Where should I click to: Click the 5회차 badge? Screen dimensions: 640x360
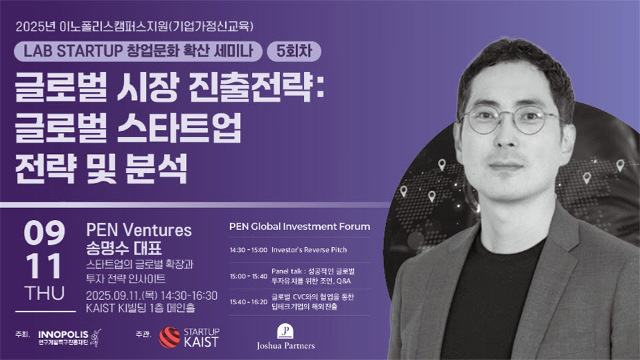[x=294, y=51]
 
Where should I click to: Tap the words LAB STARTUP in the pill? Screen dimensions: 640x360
[x=73, y=51]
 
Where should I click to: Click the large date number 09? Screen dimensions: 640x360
[x=44, y=233]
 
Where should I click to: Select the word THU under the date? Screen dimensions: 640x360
[x=45, y=293]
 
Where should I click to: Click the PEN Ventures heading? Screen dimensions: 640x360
[x=139, y=230]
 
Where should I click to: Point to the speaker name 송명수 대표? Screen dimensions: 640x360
[x=124, y=248]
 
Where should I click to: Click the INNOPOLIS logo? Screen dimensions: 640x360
[x=69, y=337]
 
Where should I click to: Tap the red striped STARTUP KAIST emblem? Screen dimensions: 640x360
[x=169, y=337]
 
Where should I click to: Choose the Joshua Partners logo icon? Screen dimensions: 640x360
[x=285, y=331]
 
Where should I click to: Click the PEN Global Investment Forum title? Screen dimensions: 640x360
[x=299, y=227]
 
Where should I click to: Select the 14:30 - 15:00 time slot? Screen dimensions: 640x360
[x=248, y=250]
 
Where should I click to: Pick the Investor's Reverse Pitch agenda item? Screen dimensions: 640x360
[x=309, y=250]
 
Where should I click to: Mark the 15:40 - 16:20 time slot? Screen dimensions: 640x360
[x=248, y=302]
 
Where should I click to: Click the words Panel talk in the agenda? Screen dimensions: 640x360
[x=287, y=271]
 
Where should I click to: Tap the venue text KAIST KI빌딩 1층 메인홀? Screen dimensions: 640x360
[x=140, y=308]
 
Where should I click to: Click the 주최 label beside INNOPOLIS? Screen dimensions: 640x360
[x=23, y=334]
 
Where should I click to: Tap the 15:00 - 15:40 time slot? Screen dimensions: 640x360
[x=248, y=276]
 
